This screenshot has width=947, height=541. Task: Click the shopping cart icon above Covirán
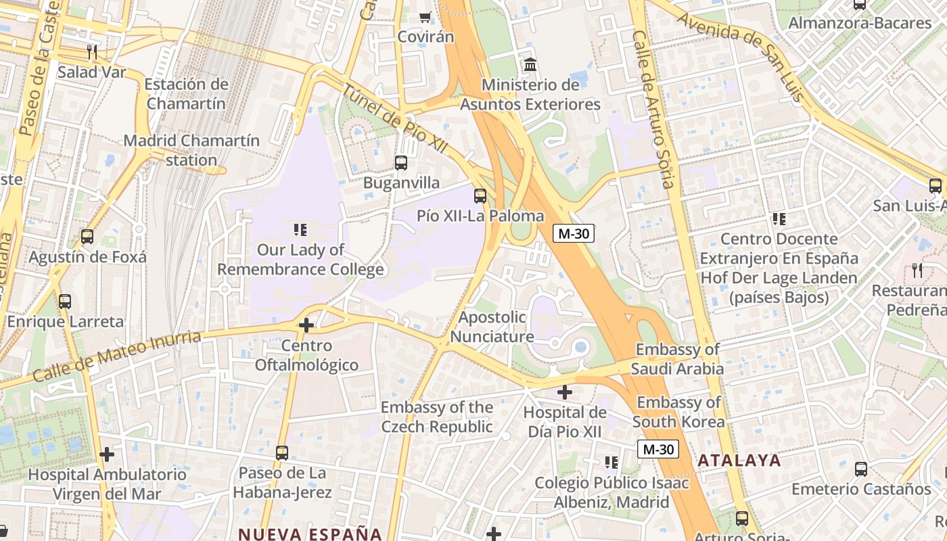(x=425, y=17)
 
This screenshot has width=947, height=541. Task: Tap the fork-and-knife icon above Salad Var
(x=92, y=52)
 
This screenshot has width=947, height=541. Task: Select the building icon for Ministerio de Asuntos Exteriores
(x=531, y=66)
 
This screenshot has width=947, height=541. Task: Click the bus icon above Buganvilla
(x=401, y=163)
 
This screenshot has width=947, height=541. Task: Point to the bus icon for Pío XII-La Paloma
(x=480, y=196)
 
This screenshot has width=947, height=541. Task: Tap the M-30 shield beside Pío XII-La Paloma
(x=574, y=234)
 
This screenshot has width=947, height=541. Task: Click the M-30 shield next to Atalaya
(x=658, y=449)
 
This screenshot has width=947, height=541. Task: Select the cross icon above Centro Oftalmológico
(x=306, y=326)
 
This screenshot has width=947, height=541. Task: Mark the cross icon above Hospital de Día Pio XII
(x=565, y=392)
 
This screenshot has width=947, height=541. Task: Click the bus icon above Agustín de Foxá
(x=87, y=237)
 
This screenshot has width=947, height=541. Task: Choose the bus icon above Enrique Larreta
(x=65, y=302)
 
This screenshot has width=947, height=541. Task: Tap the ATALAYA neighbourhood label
(x=739, y=461)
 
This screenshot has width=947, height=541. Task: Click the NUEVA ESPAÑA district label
(x=310, y=533)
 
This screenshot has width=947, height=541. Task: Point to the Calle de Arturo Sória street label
(x=654, y=108)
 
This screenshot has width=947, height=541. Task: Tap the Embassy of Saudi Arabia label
(x=677, y=359)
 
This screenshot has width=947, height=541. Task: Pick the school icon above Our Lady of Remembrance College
(x=300, y=230)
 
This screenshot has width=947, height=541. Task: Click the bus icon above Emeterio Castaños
(x=861, y=469)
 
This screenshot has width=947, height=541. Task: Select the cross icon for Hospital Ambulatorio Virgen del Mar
(x=107, y=454)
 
